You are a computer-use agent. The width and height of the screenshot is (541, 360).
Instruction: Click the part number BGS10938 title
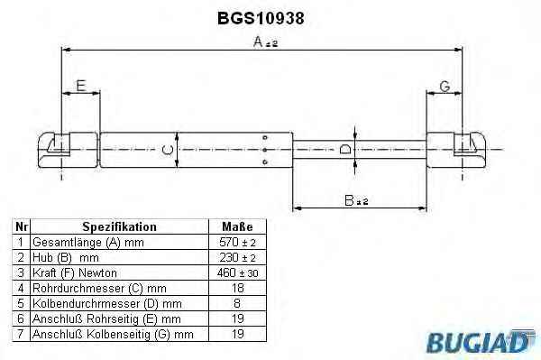click(x=261, y=18)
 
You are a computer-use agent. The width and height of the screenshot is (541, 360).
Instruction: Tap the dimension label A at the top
click(x=265, y=42)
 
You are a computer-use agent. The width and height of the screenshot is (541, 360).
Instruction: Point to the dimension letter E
click(x=81, y=86)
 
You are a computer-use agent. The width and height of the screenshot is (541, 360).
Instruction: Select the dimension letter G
click(x=445, y=87)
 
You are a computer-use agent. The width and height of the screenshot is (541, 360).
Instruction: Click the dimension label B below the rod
click(x=356, y=200)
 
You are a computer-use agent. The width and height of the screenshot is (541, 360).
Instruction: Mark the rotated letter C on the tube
click(x=168, y=150)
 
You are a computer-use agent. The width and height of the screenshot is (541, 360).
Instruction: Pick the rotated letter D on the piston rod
click(x=345, y=150)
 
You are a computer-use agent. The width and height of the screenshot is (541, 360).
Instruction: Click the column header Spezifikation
click(x=119, y=226)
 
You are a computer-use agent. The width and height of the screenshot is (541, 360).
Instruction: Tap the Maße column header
click(x=237, y=226)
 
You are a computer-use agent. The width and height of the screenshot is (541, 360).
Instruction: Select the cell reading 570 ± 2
click(x=237, y=243)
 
